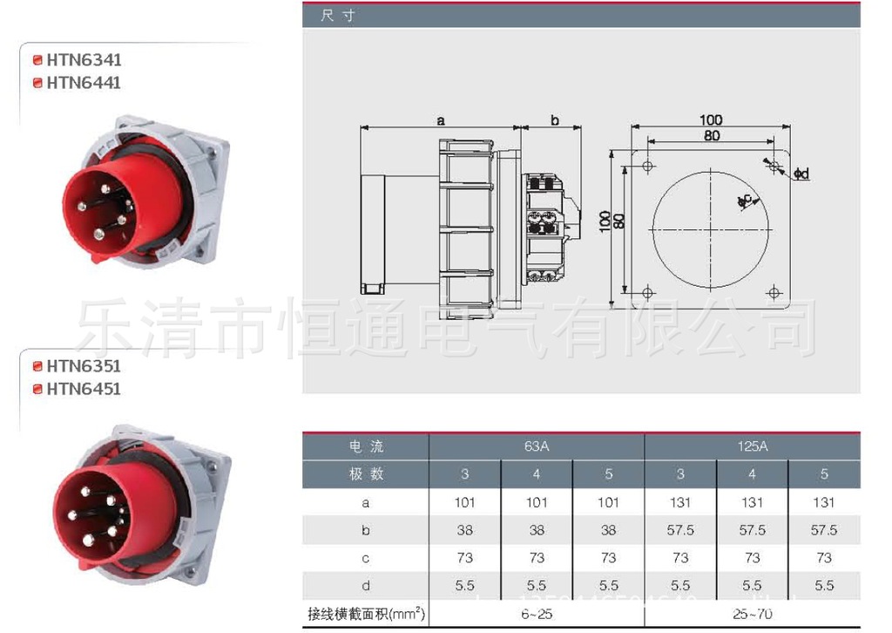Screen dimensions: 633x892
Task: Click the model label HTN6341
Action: [84, 60]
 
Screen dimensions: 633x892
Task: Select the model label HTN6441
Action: [84, 83]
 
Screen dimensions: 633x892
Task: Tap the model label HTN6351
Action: [84, 366]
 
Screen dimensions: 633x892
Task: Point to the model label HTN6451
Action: [84, 389]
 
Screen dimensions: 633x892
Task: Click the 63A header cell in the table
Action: [537, 446]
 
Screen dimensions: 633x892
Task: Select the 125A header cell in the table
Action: [752, 446]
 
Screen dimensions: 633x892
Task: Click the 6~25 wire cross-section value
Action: [537, 615]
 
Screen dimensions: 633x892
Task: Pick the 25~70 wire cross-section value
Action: [752, 615]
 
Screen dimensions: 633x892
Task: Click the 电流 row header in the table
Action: [366, 446]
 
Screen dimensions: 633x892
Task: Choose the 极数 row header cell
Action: [366, 474]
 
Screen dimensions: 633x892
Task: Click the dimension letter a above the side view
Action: [441, 120]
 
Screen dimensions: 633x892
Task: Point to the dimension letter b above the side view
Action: [555, 120]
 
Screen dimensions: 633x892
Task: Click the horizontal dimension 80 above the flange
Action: [711, 136]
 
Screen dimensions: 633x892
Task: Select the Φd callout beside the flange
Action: [801, 174]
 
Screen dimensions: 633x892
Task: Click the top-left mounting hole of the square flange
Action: [647, 166]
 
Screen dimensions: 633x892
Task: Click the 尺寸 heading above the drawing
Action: [338, 16]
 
